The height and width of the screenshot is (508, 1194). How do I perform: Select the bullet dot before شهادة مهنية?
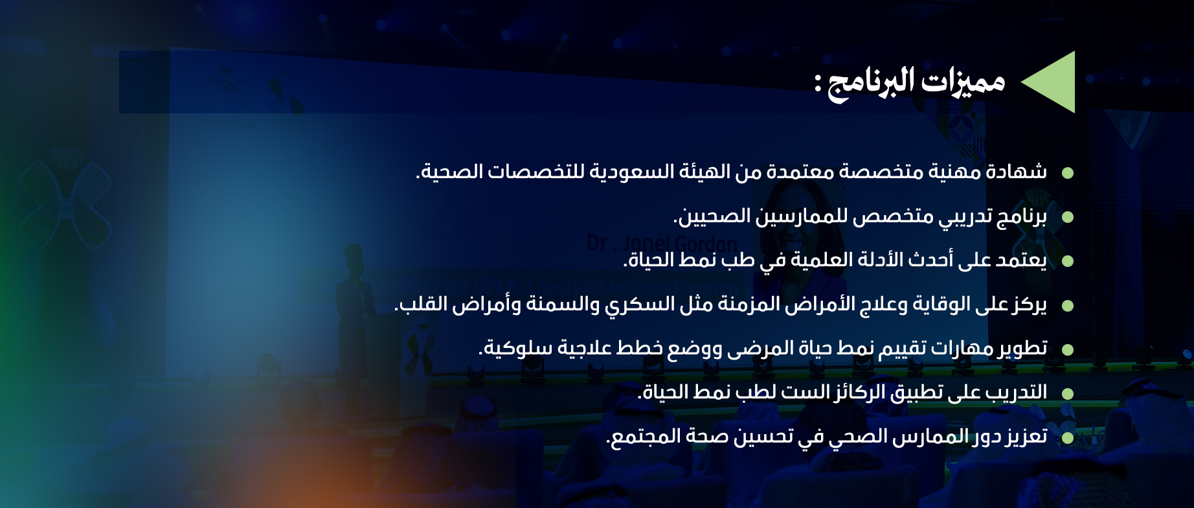(1068, 173)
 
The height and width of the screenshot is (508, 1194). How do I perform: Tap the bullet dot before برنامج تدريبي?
(1068, 217)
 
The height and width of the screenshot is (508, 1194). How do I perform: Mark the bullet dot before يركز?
(1068, 305)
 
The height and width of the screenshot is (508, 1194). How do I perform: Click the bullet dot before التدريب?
(1068, 393)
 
